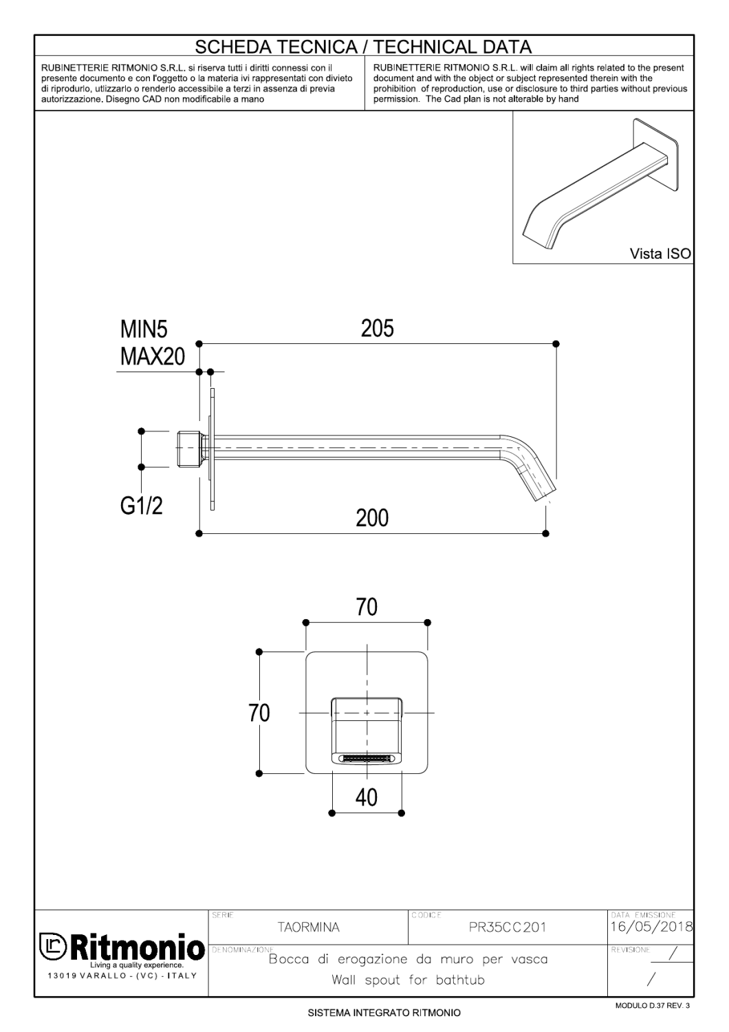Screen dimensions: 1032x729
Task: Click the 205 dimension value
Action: click(x=378, y=329)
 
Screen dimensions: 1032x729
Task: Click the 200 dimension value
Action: click(x=372, y=517)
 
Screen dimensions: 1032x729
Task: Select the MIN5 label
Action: click(x=144, y=330)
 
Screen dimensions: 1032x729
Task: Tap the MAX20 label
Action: click(x=153, y=357)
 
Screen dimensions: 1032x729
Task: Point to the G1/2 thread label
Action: click(x=142, y=506)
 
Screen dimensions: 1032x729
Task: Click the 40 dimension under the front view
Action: click(x=367, y=797)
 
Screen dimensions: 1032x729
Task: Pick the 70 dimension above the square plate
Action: click(x=367, y=608)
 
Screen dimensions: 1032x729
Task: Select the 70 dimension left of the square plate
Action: click(x=259, y=713)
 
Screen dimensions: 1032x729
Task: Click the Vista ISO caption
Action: click(x=660, y=254)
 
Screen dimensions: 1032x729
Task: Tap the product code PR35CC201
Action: click(x=507, y=927)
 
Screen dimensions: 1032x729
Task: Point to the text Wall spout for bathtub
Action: click(x=408, y=980)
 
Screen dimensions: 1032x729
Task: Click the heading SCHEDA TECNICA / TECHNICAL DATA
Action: click(x=364, y=47)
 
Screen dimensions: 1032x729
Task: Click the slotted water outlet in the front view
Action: click(x=367, y=758)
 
